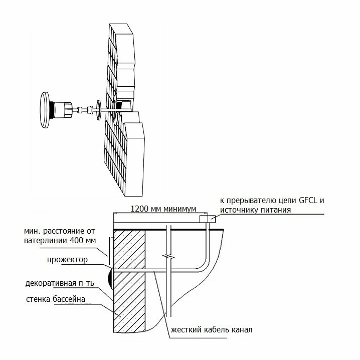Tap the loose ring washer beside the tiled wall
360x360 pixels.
[x=98, y=110]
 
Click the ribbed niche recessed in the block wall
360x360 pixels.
[x=120, y=105]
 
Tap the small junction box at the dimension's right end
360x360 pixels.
[x=207, y=219]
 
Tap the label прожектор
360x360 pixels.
[x=67, y=260]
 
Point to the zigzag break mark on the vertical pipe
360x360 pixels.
[x=169, y=257]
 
